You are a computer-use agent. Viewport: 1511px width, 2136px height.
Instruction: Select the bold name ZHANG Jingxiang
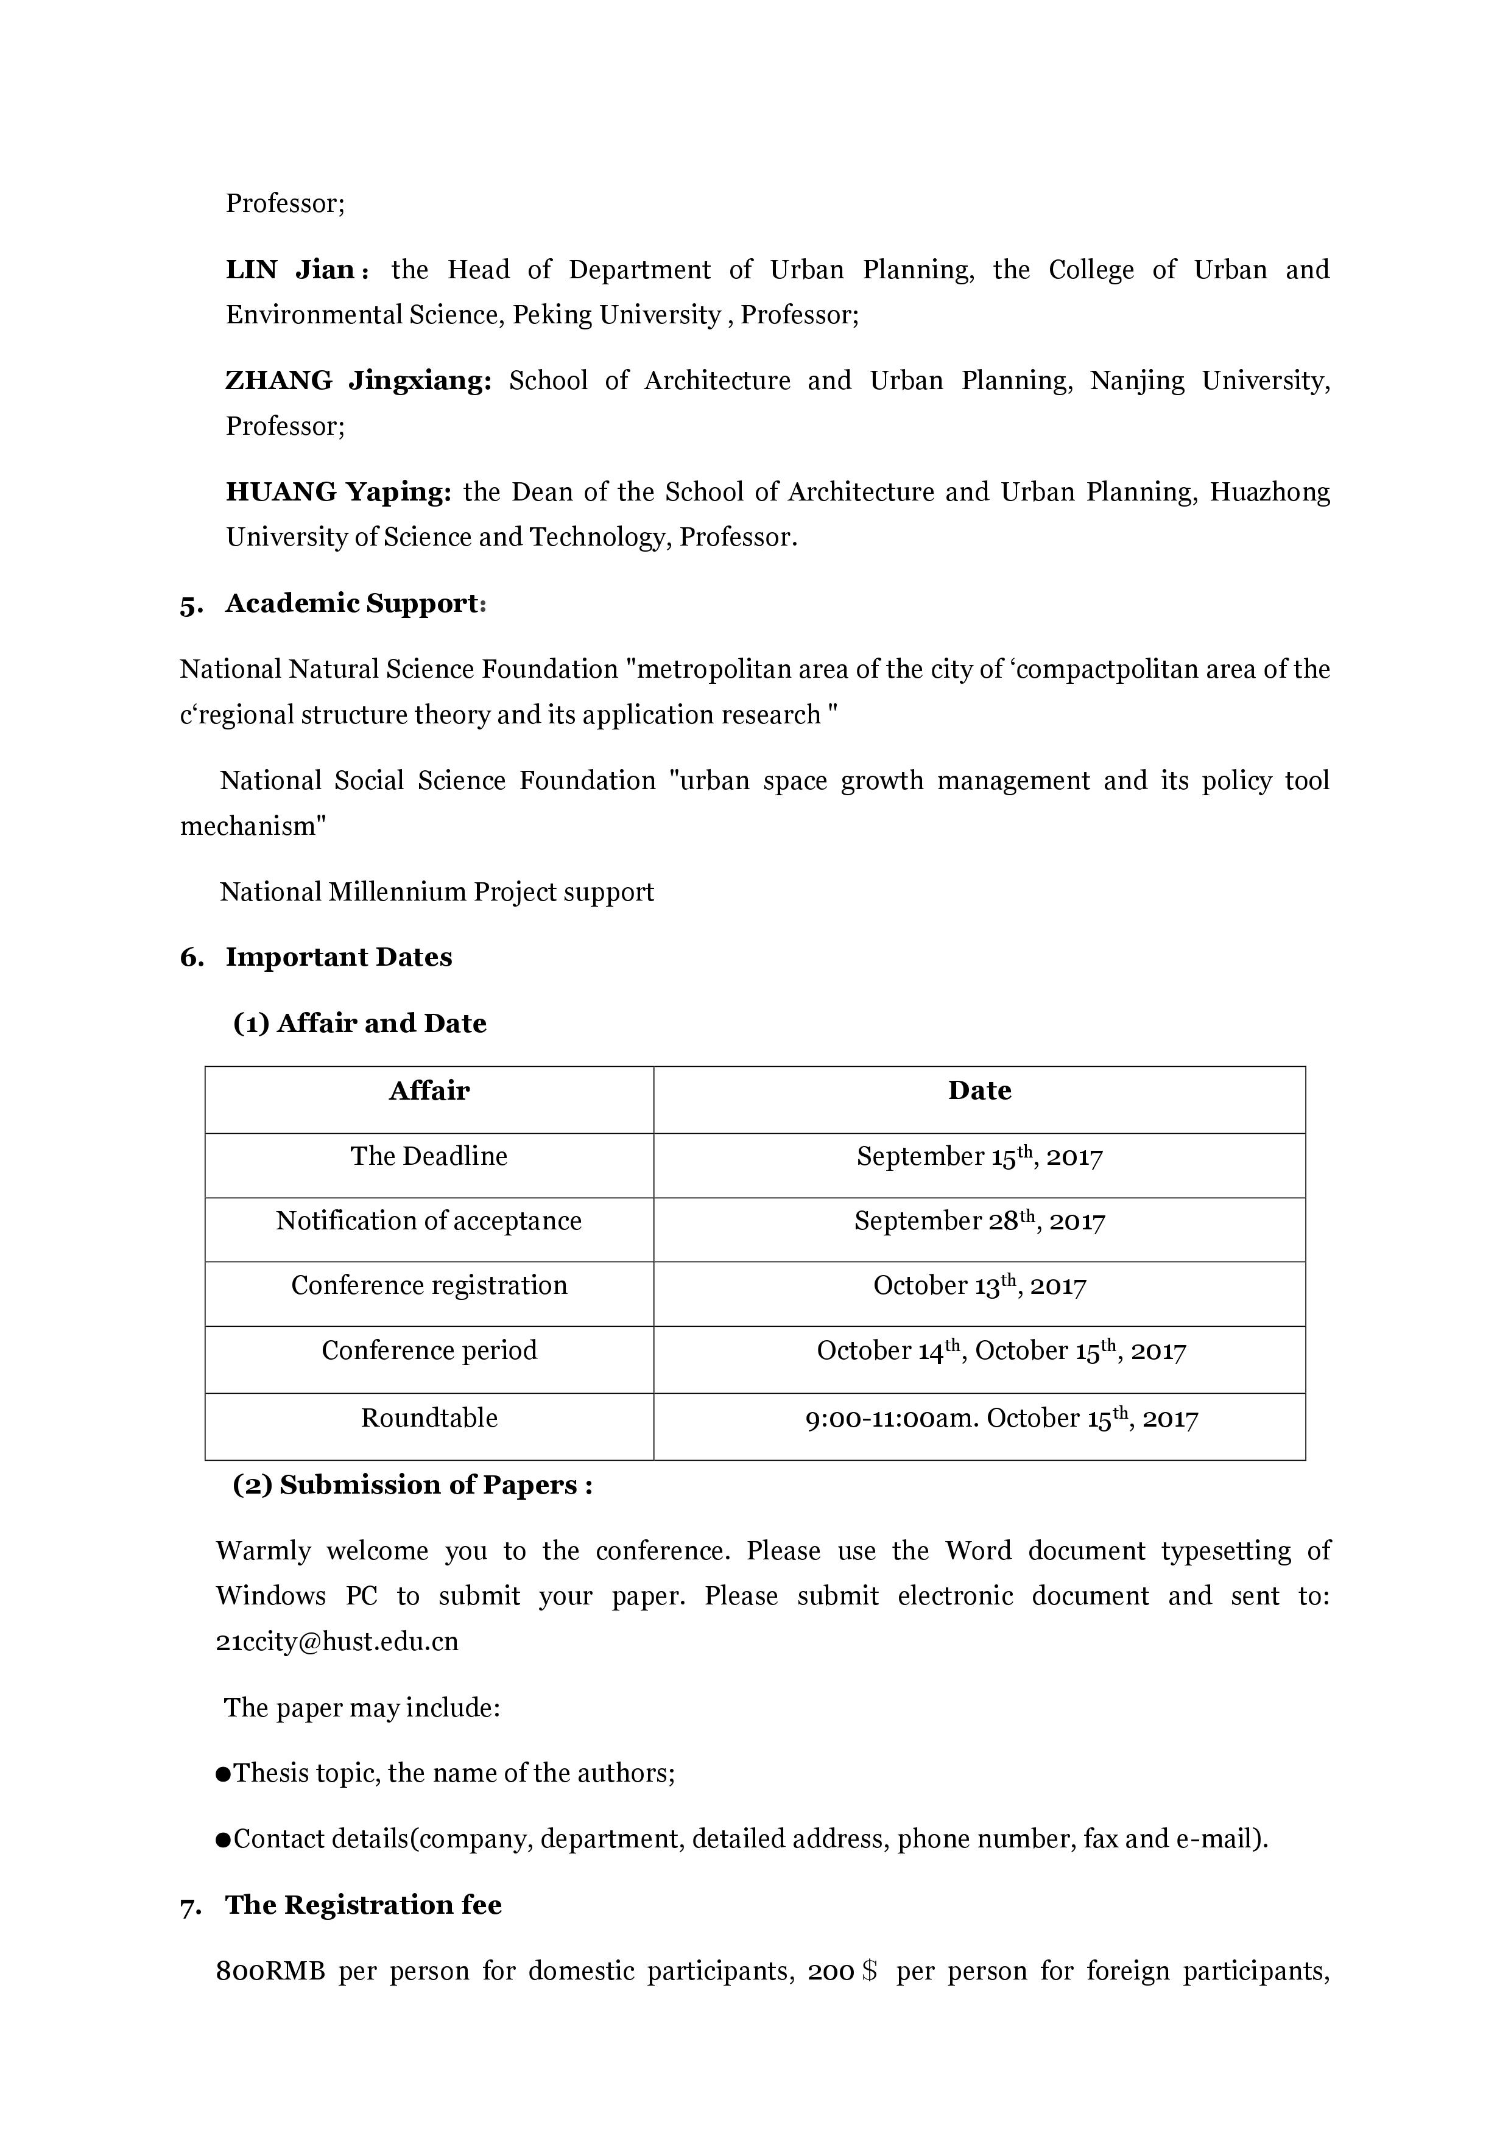[358, 381]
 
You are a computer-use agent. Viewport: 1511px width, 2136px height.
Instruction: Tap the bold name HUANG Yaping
[338, 491]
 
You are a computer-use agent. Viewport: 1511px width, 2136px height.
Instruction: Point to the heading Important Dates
[338, 957]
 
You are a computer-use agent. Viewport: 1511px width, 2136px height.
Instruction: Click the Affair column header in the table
[429, 1091]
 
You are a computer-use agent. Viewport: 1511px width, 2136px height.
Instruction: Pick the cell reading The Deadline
[429, 1156]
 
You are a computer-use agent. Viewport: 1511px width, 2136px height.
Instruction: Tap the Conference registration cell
[429, 1286]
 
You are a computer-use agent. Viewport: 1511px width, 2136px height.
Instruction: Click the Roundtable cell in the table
[429, 1418]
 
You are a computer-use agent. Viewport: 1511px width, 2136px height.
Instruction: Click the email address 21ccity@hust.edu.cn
[337, 1641]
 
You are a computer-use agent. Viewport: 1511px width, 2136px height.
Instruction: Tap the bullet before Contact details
[224, 1839]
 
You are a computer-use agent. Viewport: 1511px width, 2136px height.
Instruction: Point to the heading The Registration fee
[363, 1905]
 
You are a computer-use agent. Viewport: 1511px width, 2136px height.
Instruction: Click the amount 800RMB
[270, 1972]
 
